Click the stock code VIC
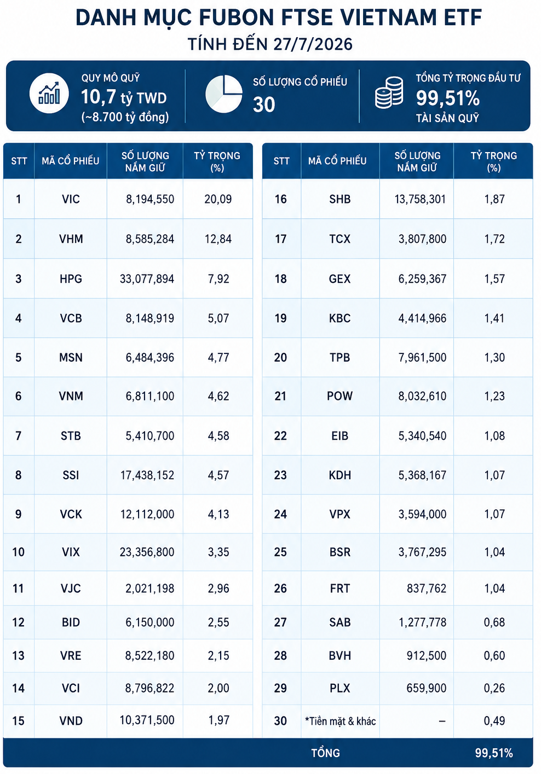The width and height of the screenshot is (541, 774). [71, 199]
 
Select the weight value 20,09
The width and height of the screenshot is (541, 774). [218, 199]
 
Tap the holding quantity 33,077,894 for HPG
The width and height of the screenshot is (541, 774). [147, 279]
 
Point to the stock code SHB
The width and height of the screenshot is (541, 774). [339, 199]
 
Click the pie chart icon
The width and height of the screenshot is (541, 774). [224, 94]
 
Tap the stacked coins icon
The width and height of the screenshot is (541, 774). [389, 92]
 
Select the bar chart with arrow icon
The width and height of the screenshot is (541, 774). [49, 94]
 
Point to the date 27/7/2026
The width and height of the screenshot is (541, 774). [313, 44]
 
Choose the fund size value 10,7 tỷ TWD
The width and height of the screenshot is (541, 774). [124, 97]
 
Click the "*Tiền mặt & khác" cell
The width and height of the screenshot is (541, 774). [341, 721]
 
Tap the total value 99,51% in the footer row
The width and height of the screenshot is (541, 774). [493, 753]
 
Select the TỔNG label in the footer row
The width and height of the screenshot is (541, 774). [325, 753]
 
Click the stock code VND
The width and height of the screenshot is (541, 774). [71, 721]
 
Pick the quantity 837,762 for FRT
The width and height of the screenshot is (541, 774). [427, 589]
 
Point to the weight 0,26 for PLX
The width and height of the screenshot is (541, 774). [494, 688]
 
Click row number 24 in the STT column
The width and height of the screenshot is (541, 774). [280, 515]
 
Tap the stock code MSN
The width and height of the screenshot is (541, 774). [71, 358]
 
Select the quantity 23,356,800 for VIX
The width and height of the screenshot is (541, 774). [147, 552]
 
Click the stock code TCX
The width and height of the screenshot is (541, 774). [339, 239]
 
